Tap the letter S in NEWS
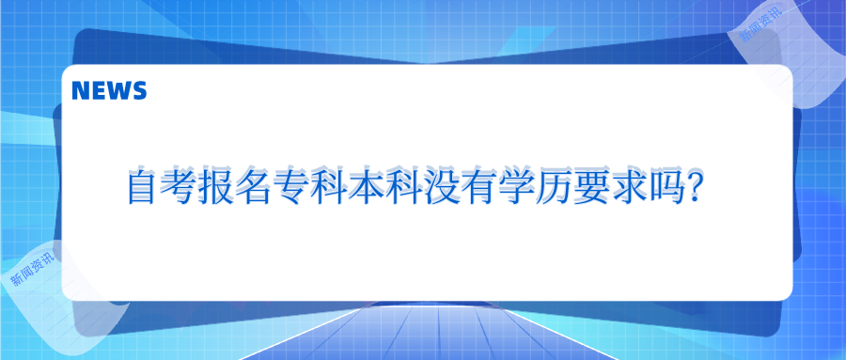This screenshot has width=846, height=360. (139, 91)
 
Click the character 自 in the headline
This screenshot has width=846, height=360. (144, 189)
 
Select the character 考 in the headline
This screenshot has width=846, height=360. (181, 189)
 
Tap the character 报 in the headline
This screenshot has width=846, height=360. (218, 189)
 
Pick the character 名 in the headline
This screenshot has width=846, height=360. (255, 189)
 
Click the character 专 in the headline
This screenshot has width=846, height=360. (291, 189)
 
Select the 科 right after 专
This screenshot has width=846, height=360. (328, 189)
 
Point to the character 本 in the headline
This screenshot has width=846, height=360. (365, 189)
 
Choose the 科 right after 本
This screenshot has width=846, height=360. (401, 189)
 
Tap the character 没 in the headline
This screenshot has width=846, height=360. (438, 189)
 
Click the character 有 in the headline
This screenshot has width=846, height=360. (475, 189)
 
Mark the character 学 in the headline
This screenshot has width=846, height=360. (512, 189)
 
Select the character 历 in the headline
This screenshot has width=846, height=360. (549, 189)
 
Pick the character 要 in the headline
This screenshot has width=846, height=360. (586, 189)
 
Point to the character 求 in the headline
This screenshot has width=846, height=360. (622, 189)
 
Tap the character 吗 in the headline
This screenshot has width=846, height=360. (659, 189)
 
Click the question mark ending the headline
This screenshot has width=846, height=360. (693, 189)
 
